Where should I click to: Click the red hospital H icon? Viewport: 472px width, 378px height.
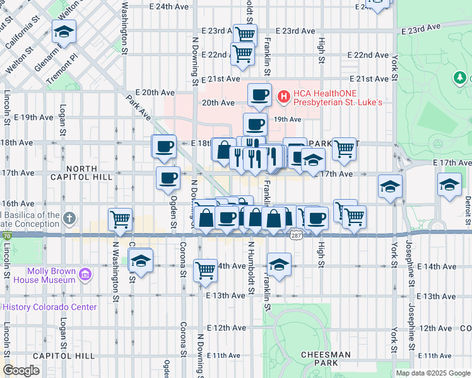point(283,96)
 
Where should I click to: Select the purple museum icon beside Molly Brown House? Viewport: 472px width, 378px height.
point(85,274)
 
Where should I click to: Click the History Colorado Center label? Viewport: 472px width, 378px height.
point(49,307)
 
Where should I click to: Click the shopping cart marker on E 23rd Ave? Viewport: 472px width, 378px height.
point(245,34)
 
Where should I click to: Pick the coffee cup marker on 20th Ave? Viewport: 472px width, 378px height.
point(259,94)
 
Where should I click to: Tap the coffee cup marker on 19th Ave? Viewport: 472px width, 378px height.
point(255,124)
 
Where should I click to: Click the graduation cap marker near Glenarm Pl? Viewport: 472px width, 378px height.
point(64,31)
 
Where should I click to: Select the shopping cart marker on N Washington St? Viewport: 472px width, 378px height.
point(120,219)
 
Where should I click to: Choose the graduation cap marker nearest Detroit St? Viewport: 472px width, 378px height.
point(449,185)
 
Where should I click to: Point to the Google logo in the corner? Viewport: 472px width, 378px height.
point(21,370)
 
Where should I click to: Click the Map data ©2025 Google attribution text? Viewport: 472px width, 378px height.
point(433,373)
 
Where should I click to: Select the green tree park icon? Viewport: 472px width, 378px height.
point(461,78)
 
